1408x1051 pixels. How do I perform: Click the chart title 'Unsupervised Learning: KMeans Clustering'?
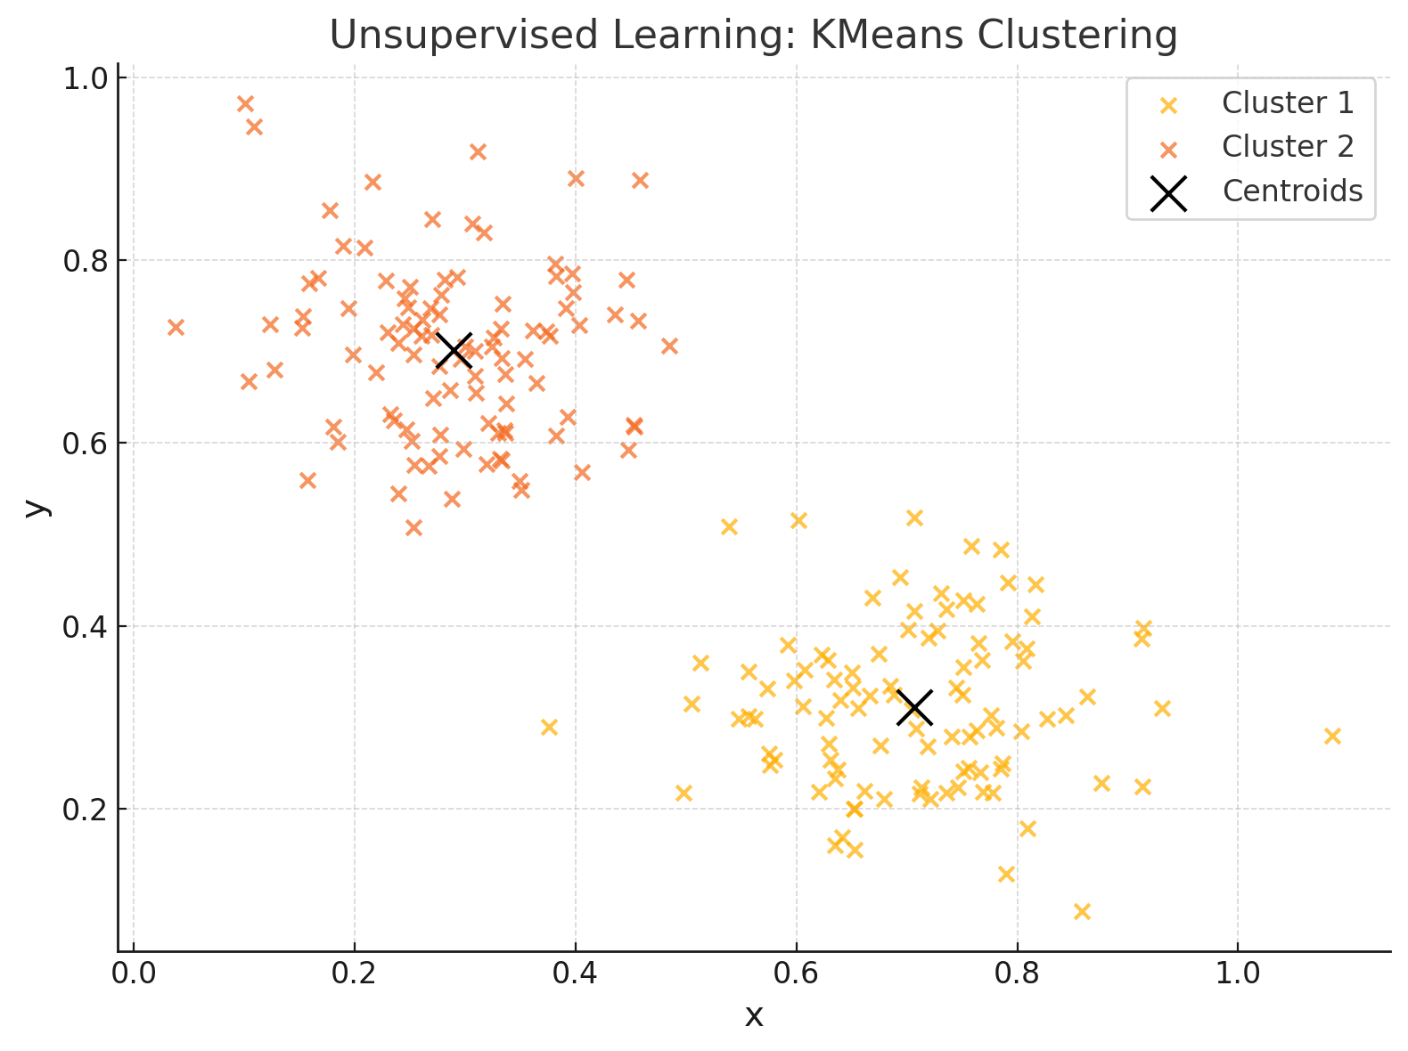753,36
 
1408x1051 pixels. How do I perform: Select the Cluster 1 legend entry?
1287,103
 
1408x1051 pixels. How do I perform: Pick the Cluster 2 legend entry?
1287,147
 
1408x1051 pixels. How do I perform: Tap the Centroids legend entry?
1291,191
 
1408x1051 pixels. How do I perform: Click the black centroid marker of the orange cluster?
454,351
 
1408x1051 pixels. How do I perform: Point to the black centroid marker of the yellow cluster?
914,708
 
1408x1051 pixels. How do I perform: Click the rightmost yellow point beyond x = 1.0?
1332,736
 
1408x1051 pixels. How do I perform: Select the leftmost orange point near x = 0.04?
176,327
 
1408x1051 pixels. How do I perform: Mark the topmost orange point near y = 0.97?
245,103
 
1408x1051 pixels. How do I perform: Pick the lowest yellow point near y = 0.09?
1082,911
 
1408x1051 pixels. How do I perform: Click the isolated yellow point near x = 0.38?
549,727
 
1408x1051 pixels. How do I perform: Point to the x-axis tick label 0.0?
134,974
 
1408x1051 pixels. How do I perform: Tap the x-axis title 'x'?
754,1016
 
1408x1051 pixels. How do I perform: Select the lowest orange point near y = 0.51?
413,527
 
